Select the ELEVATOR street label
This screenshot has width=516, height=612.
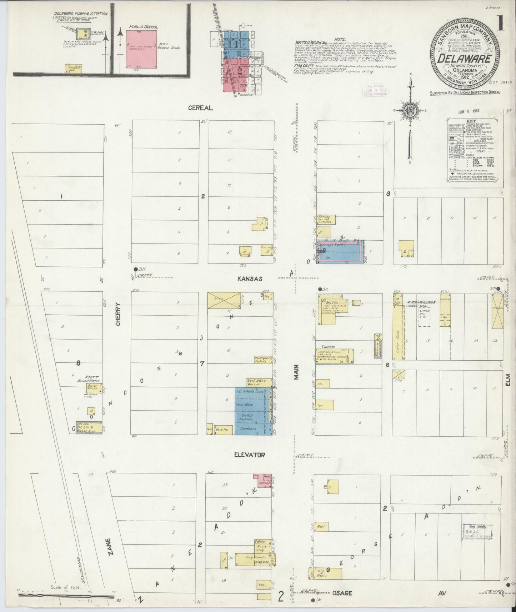pos(249,455)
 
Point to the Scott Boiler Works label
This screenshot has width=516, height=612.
pos(91,379)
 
